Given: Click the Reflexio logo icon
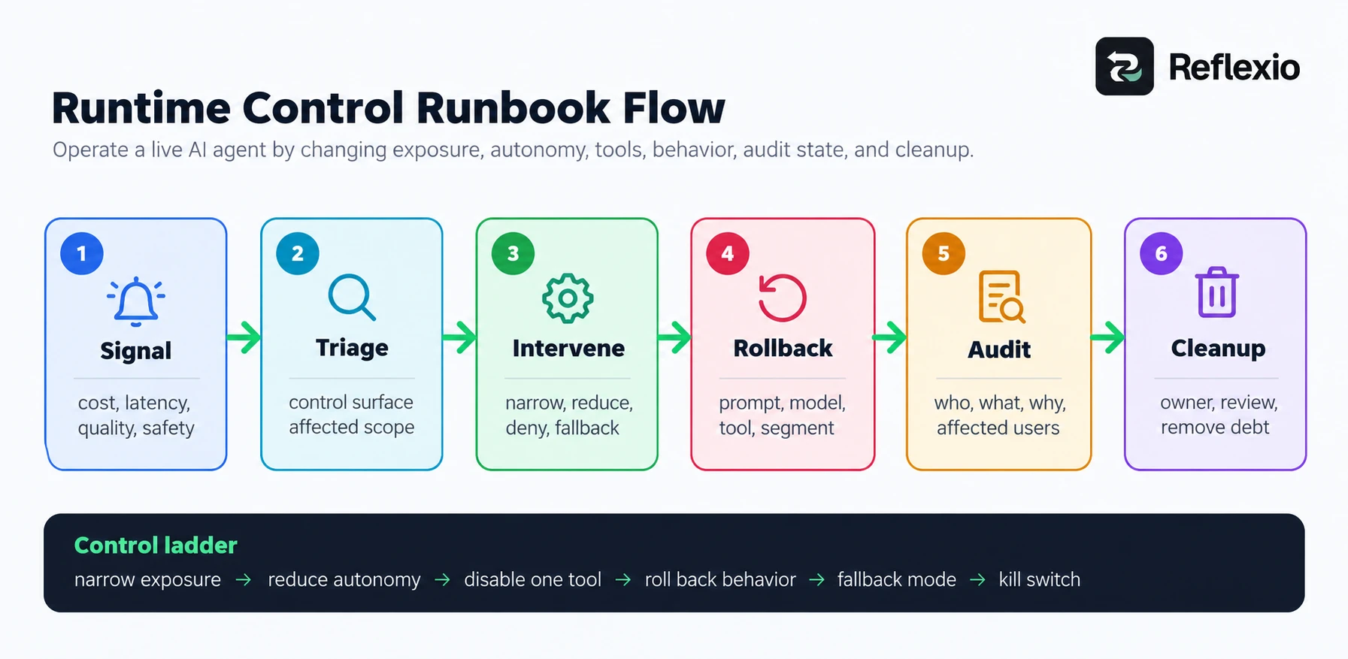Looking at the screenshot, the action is click(x=1124, y=66).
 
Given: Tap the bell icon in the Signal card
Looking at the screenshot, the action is click(x=136, y=302).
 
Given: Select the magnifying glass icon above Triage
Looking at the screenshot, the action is click(x=352, y=298).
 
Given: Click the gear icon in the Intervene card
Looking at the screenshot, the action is click(x=568, y=298).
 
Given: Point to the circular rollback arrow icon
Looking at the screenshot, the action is click(x=782, y=298).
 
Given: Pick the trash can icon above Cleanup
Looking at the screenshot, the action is click(x=1217, y=292).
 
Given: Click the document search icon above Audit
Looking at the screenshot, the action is click(x=1001, y=297).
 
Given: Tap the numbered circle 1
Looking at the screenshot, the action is click(x=82, y=253).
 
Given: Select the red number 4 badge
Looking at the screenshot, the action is click(x=728, y=253).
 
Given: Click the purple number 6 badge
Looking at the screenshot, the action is click(x=1162, y=253).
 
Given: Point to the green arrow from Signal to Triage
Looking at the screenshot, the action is click(x=244, y=337).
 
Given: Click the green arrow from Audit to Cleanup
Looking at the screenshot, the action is click(x=1108, y=337).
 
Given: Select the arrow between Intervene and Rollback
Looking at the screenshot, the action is click(x=674, y=337).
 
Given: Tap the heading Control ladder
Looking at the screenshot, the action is click(x=156, y=545).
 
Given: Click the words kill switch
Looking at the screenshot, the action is click(x=1039, y=579).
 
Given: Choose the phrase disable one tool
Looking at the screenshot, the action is click(x=532, y=579).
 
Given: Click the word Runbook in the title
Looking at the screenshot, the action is click(x=513, y=107).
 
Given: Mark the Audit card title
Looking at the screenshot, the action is click(x=999, y=349).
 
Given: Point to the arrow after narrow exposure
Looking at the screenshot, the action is click(x=244, y=580).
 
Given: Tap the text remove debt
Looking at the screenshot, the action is click(x=1215, y=427).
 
